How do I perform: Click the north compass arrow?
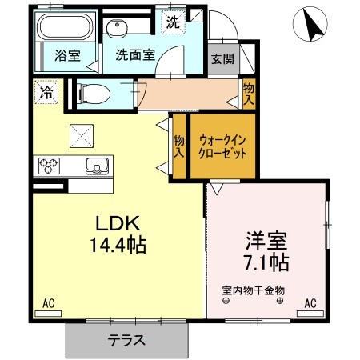(312, 26)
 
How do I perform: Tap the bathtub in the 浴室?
(65, 30)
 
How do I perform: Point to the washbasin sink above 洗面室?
(119, 29)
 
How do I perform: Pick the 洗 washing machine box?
(173, 23)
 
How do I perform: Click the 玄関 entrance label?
(222, 58)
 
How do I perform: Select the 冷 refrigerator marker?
(46, 93)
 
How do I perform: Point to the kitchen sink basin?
(98, 166)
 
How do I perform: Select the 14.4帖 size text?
(118, 245)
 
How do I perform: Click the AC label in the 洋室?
(310, 303)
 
